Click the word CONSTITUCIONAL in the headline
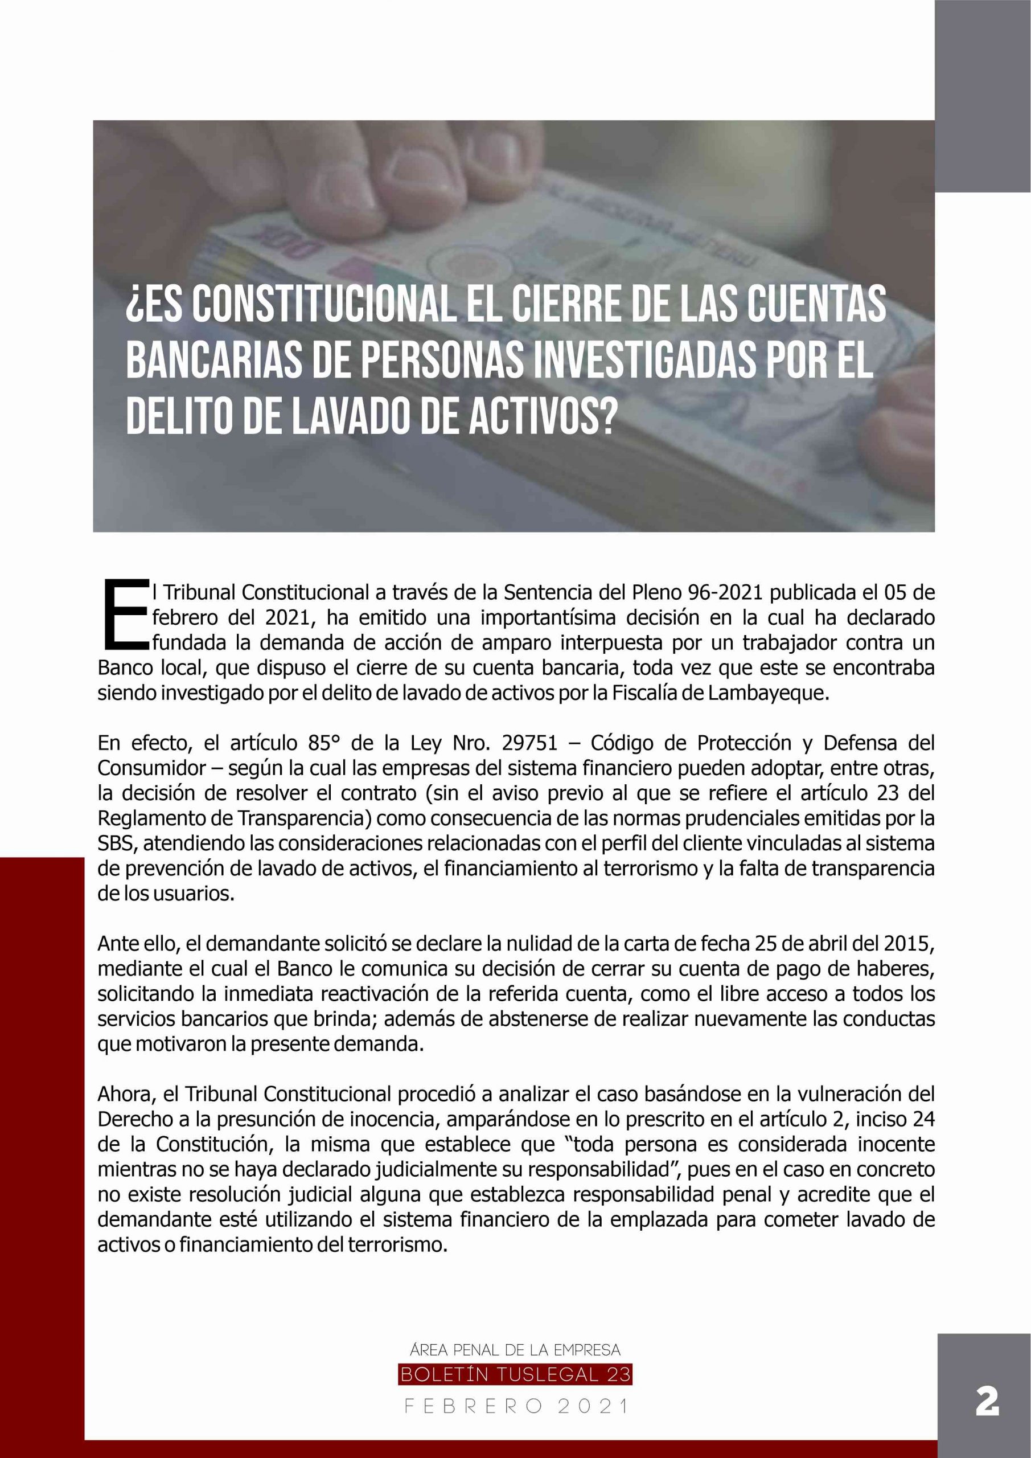[x=323, y=304]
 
